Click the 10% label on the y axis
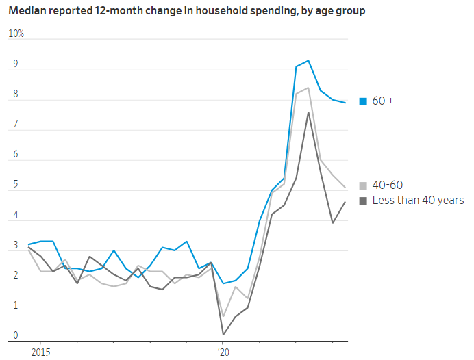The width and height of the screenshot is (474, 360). coord(16,34)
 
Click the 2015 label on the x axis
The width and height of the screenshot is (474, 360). coord(39,352)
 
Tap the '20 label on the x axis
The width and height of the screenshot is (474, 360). coord(223,352)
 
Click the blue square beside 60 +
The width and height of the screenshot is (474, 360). coord(364,102)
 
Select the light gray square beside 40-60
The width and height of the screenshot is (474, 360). coord(364,185)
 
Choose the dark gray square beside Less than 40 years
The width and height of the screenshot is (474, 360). coord(364,201)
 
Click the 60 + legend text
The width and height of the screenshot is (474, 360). coord(383,101)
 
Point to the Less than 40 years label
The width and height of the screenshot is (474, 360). coord(418,201)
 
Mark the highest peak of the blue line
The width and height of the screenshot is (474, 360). coord(308,61)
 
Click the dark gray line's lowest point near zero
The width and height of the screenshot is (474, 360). coord(223,334)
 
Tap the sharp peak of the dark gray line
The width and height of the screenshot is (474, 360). coord(308,112)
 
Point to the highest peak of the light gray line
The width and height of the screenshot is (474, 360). coord(308,88)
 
